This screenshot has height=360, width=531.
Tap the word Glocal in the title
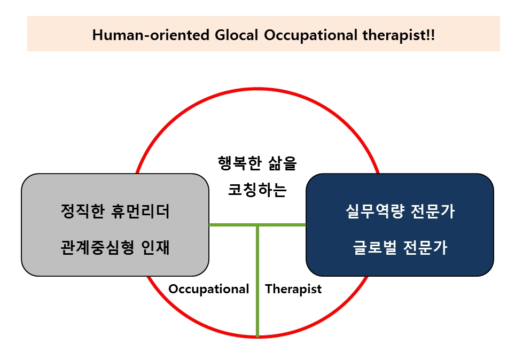coord(236,35)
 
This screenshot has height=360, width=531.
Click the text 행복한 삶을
coord(257,163)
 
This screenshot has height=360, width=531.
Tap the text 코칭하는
coord(257,190)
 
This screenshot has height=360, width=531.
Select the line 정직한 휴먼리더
coord(115,211)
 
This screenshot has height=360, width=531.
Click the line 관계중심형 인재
coord(115,247)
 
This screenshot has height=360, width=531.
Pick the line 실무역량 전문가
coord(400,211)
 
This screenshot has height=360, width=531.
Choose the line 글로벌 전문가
coord(400,247)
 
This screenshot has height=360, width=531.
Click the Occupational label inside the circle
coord(208,289)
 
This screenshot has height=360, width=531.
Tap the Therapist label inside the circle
coord(293,289)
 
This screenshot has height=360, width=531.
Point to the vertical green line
coord(257,281)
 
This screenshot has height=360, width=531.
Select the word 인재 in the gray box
coord(155,247)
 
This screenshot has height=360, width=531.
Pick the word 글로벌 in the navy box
coord(375,247)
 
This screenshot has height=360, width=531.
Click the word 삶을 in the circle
coord(283,163)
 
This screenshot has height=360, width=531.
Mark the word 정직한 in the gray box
coord(83,211)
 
